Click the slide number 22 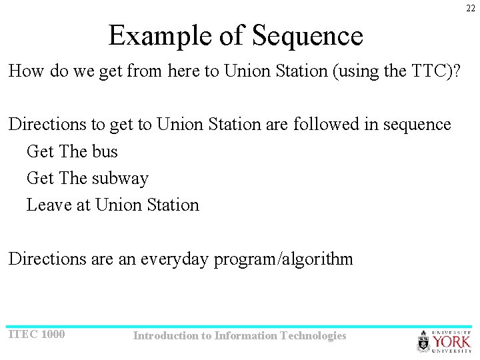point(471,8)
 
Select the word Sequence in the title point(307,35)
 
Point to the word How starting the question point(25,71)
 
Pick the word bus point(105,151)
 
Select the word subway point(120,178)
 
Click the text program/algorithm point(283,259)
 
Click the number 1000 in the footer point(53,334)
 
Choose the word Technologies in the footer point(313,336)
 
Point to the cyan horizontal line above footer point(240,327)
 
